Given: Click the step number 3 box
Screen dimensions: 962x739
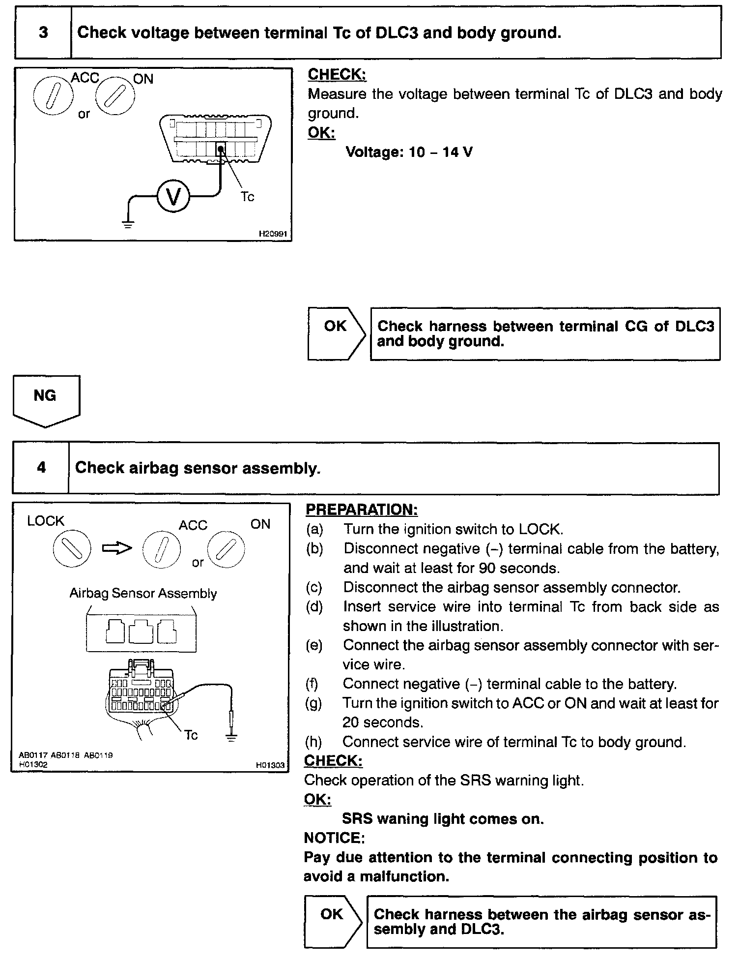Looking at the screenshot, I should (43, 33).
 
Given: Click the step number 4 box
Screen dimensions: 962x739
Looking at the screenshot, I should (41, 467).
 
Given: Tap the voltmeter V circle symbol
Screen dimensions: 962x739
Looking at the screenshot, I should (173, 196).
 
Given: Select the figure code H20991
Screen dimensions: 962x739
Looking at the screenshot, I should (272, 235).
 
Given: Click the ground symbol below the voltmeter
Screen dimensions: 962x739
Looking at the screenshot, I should (128, 224).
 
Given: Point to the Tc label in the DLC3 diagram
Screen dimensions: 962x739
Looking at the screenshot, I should (248, 197).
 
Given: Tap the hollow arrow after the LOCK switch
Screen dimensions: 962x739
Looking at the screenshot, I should (117, 548).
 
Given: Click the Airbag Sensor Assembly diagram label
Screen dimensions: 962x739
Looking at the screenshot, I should (143, 593).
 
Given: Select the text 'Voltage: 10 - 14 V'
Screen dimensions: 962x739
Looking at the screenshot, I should (409, 152).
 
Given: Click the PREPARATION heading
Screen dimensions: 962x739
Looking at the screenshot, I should (362, 510).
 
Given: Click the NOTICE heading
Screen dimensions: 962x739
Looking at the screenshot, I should (334, 838).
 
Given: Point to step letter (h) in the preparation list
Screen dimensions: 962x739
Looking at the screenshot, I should (314, 742).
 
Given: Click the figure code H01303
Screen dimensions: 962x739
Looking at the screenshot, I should (270, 765).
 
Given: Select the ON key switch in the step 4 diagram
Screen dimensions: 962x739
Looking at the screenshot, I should (226, 549).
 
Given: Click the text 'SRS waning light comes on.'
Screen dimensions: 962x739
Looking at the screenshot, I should (443, 819).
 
